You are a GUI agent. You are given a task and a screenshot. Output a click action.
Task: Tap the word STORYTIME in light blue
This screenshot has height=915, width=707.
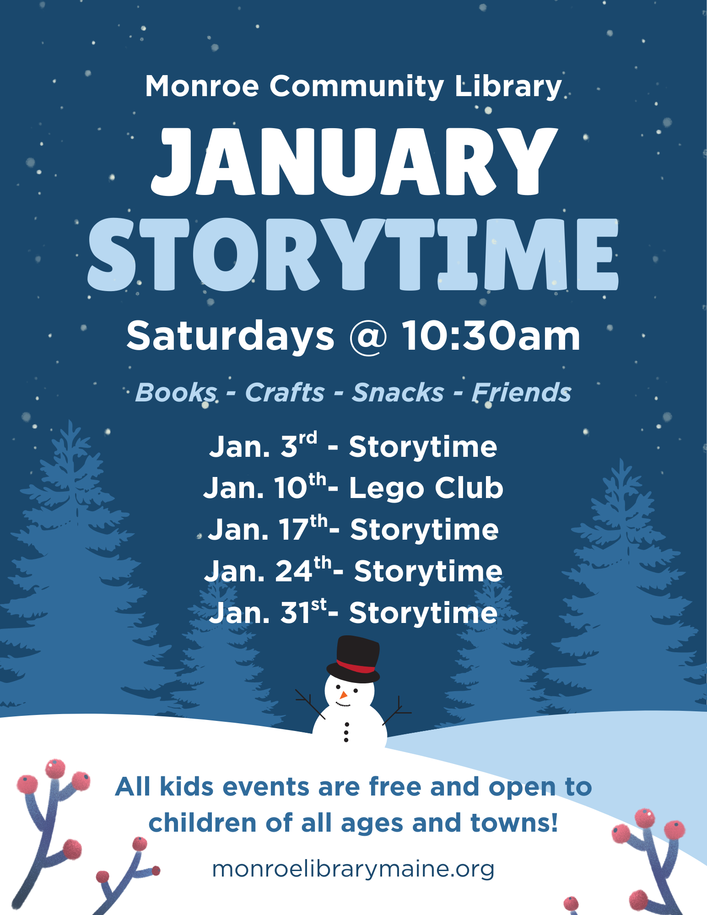[x=353, y=254]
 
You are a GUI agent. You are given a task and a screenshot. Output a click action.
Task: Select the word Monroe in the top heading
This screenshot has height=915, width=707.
[x=202, y=86]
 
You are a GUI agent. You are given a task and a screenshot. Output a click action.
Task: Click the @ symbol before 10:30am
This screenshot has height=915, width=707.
[x=368, y=336]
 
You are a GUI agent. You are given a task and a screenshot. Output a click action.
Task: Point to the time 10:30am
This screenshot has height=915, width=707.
[x=491, y=336]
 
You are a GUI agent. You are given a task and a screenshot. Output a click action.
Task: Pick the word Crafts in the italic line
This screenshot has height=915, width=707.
[x=285, y=392]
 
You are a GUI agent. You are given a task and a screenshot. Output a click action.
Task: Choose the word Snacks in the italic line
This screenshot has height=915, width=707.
[x=398, y=392]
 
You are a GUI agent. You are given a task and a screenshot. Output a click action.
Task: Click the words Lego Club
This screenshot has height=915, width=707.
[x=426, y=488]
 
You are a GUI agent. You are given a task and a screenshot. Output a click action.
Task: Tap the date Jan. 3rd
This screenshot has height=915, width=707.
[x=263, y=445]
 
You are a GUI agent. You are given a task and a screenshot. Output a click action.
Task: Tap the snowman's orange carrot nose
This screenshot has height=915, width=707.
[x=343, y=695]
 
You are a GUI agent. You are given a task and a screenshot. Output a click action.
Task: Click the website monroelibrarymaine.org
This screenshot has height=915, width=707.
[x=353, y=869]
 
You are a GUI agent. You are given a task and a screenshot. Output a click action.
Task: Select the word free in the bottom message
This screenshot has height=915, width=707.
[x=395, y=787]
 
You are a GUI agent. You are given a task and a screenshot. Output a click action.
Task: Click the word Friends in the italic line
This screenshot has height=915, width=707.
[x=522, y=392]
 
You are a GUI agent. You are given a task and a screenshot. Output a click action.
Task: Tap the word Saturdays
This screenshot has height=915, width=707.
[x=230, y=336]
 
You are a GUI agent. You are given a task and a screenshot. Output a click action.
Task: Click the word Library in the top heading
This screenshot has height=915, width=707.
[x=508, y=87]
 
